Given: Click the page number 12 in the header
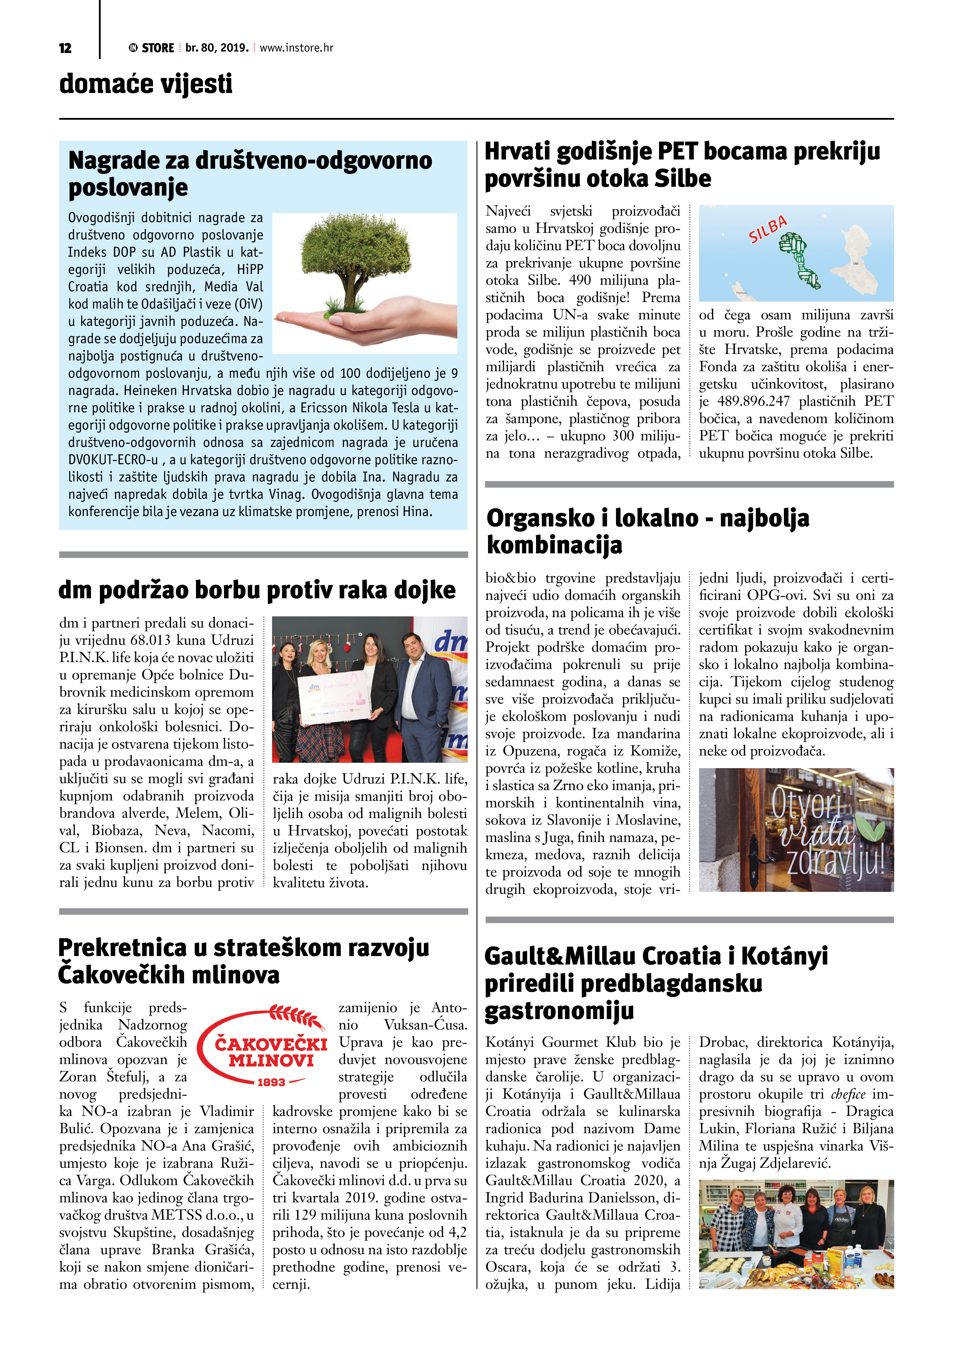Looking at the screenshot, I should click(x=65, y=48).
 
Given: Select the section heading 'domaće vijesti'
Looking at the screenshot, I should click(x=146, y=84).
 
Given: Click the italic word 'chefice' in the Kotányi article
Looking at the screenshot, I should click(x=848, y=1094).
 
